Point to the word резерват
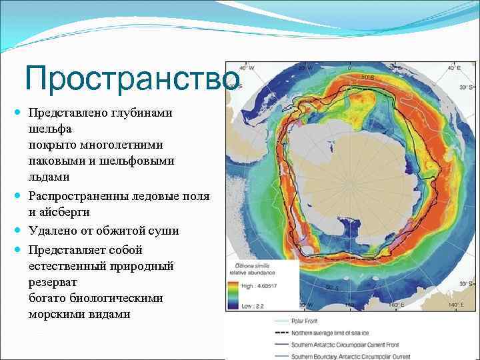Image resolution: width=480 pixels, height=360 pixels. (x=54, y=282)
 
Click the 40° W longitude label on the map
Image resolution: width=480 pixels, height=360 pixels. (x=247, y=68)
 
